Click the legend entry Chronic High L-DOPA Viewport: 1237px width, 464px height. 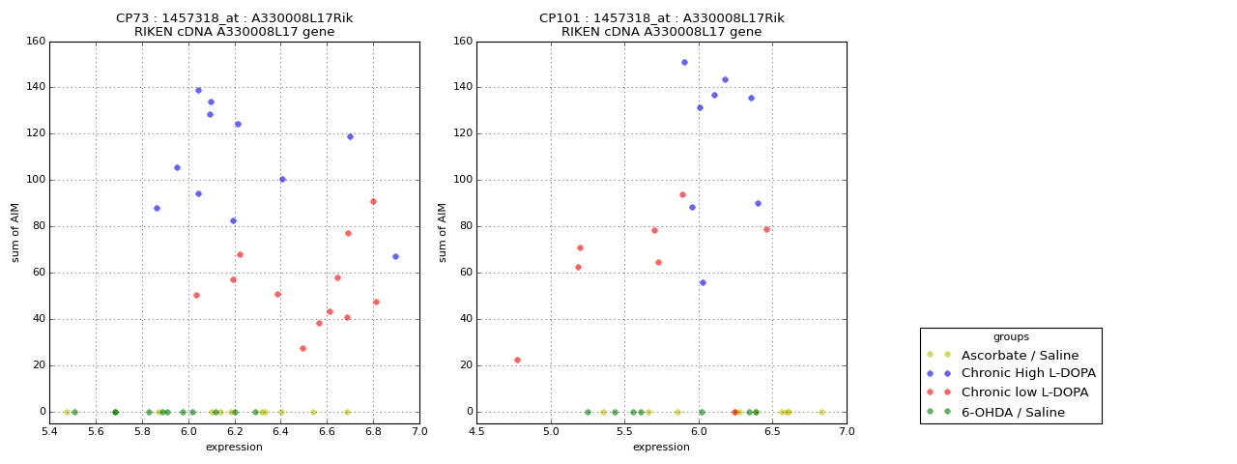click(1028, 373)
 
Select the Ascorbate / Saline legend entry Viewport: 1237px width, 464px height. click(1020, 355)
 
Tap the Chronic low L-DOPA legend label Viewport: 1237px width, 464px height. click(1024, 392)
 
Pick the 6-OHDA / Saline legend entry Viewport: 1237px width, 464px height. click(1013, 412)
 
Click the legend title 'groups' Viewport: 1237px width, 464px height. click(1011, 337)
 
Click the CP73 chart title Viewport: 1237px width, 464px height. click(234, 25)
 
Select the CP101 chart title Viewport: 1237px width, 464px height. click(661, 25)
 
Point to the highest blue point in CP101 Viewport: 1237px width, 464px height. click(684, 62)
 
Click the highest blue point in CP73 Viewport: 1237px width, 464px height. click(198, 90)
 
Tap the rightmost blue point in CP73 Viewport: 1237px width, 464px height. click(395, 256)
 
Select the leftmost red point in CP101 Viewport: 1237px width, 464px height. click(517, 360)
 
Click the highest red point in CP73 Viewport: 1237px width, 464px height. click(373, 201)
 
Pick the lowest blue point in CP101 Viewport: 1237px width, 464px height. click(703, 282)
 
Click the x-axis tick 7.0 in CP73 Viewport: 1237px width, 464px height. click(419, 431)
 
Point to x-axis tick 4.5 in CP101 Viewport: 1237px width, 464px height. click(477, 431)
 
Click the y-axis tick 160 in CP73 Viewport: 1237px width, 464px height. click(35, 42)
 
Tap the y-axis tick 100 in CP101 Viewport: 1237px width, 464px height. click(462, 180)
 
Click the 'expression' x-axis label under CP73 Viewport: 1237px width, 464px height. click(234, 447)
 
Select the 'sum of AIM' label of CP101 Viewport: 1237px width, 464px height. click(443, 232)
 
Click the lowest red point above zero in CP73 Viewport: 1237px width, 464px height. click(302, 348)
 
